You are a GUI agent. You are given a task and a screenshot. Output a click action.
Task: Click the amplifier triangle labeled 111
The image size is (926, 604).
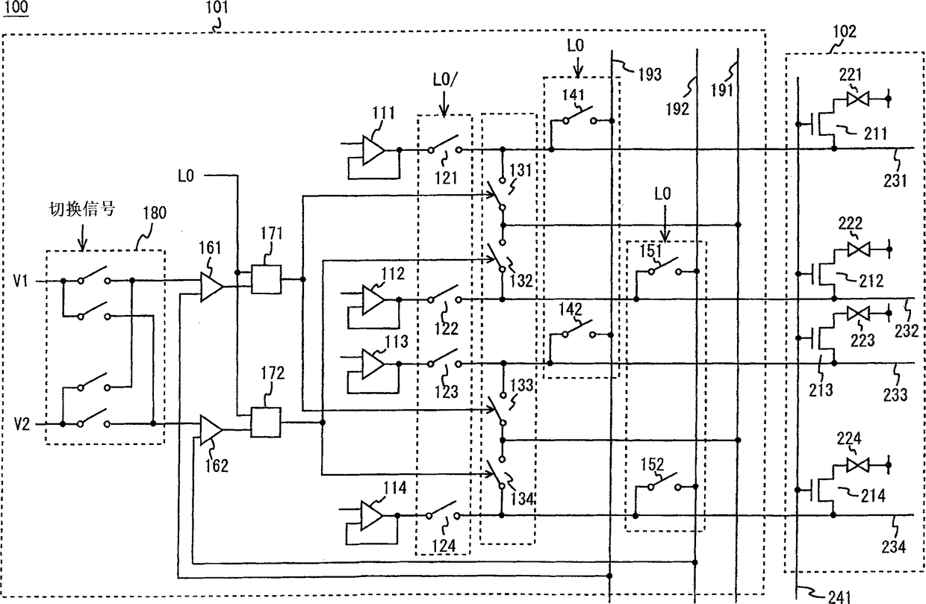click(373, 150)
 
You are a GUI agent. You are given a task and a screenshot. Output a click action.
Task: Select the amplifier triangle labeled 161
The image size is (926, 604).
click(211, 287)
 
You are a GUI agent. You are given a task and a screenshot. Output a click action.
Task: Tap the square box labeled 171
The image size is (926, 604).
click(266, 280)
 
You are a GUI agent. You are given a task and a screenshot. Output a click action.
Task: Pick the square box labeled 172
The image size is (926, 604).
click(266, 422)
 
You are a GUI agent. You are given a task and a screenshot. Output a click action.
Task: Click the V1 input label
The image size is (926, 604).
click(20, 281)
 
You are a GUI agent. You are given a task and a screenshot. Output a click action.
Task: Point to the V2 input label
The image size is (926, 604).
click(22, 425)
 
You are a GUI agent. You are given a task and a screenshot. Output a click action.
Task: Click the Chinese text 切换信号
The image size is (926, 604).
click(82, 209)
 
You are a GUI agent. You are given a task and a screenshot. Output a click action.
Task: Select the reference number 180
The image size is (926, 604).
click(155, 213)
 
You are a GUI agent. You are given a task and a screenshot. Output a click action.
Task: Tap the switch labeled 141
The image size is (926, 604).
click(579, 116)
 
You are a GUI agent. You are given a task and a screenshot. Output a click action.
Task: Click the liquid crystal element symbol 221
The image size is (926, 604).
click(857, 99)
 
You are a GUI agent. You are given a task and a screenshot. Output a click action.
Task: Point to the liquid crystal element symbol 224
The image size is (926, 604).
click(858, 465)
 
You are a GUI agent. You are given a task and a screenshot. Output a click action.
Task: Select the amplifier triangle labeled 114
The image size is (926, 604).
click(372, 516)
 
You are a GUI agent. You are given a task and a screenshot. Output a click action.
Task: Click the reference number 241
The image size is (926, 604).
click(839, 597)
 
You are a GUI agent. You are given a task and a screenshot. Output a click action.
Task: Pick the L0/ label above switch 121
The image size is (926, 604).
click(445, 80)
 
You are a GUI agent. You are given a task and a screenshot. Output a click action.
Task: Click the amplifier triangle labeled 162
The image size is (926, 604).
click(211, 429)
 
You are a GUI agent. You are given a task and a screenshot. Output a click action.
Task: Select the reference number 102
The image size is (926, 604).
click(844, 31)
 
